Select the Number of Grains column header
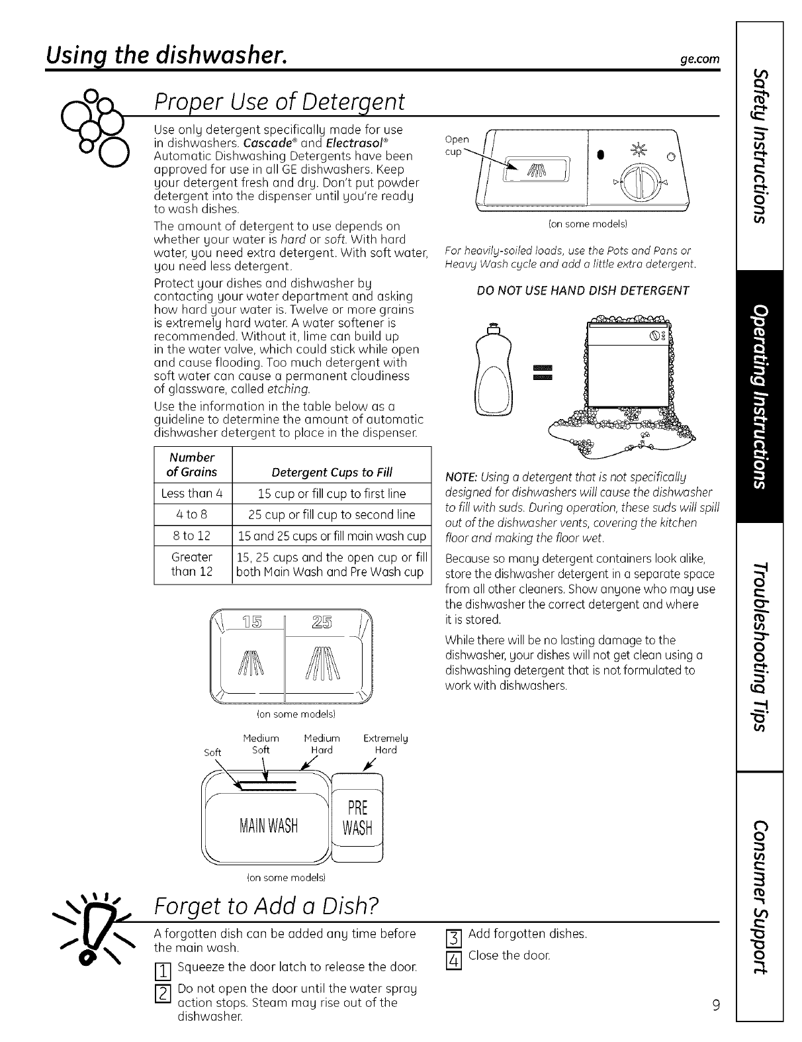192,464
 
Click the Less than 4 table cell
192,493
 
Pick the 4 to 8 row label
192,514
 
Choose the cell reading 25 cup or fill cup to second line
332,514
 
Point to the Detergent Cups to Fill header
332,472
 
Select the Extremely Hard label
385,743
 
